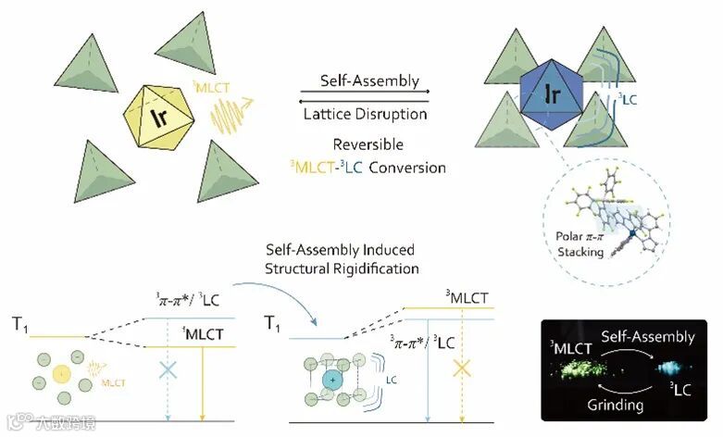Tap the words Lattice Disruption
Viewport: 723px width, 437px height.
(x=365, y=115)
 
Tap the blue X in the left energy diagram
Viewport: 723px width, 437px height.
(x=168, y=369)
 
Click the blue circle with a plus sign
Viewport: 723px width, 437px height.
(x=330, y=381)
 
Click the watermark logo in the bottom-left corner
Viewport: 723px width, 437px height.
(x=19, y=424)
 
